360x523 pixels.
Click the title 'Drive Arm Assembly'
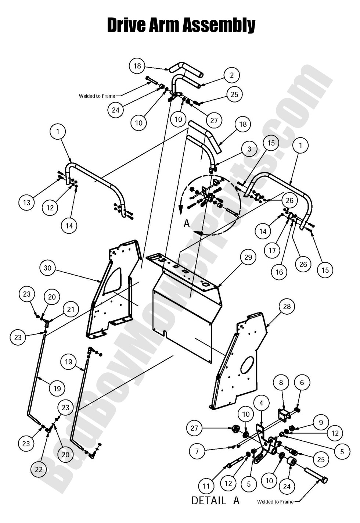tap(181, 25)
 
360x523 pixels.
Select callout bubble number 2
tap(231, 75)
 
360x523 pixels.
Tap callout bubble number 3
tap(250, 149)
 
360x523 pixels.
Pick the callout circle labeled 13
tap(27, 203)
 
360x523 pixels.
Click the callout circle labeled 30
tap(48, 268)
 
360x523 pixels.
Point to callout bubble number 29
tap(248, 257)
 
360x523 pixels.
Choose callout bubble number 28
tap(287, 306)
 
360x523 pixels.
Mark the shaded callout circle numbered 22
tap(39, 469)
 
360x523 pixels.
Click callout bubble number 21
tap(71, 309)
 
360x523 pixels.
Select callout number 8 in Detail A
tap(281, 382)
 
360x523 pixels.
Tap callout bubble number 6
tap(302, 383)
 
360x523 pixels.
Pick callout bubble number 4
tap(261, 403)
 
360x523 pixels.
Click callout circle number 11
tap(206, 486)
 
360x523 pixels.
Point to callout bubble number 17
tap(272, 251)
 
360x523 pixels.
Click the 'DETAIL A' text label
tap(215, 500)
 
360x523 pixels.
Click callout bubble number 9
tap(321, 422)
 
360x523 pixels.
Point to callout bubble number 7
tap(197, 451)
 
